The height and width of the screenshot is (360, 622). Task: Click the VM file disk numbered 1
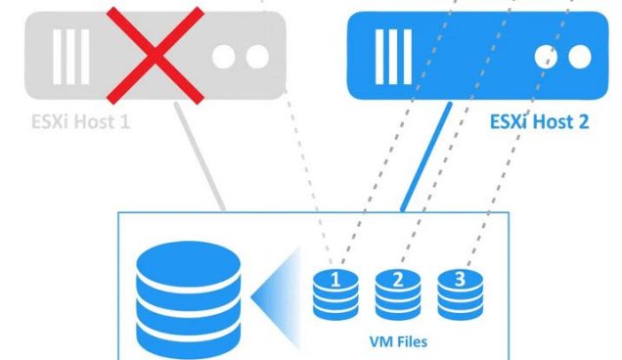pyautogui.click(x=333, y=291)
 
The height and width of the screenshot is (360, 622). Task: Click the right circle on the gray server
pyautogui.click(x=257, y=57)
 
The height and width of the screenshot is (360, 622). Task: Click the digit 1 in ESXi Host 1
pyautogui.click(x=125, y=123)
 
